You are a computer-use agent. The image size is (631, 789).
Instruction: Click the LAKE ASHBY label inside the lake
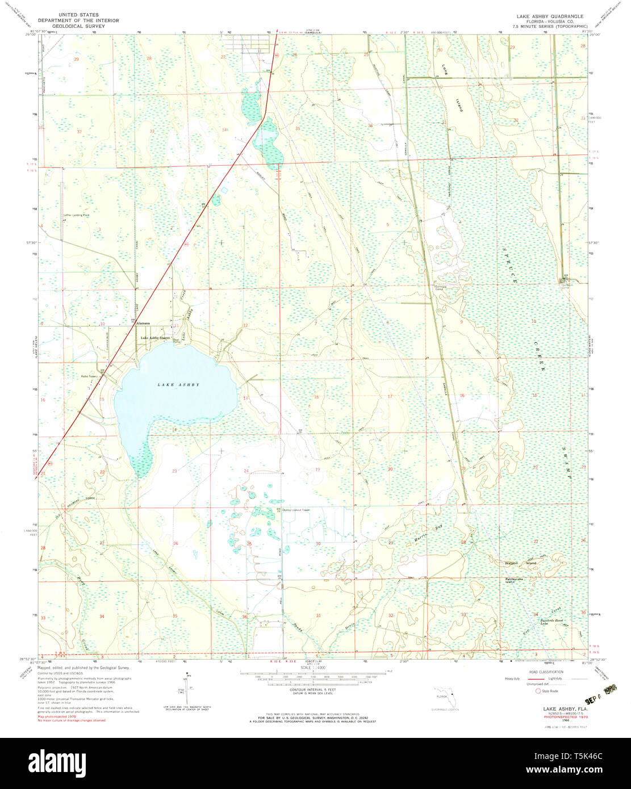[x=178, y=385]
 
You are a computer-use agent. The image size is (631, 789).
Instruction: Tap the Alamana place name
[x=143, y=323]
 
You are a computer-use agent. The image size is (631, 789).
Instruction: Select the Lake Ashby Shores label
[x=155, y=338]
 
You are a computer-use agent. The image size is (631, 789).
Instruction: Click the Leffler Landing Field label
[x=77, y=215]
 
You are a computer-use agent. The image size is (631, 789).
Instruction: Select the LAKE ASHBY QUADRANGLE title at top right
[x=549, y=16]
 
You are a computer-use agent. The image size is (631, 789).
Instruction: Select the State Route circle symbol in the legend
[x=537, y=691]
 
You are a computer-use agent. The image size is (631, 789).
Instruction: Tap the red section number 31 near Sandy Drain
[x=319, y=615]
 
